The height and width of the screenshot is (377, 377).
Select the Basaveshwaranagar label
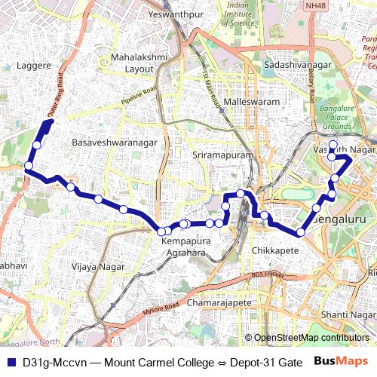[114, 143]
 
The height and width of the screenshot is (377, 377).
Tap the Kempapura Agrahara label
[184, 247]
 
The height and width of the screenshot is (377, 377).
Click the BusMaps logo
[339, 363]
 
